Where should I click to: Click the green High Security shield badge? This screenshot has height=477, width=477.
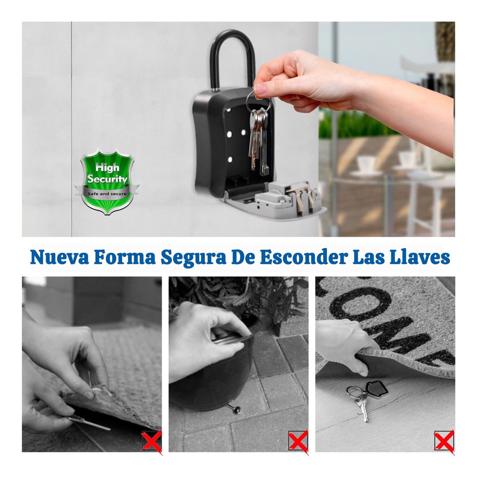click(x=107, y=181)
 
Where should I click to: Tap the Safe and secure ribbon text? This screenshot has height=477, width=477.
click(x=107, y=194)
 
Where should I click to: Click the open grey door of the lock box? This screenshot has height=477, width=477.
click(x=274, y=203)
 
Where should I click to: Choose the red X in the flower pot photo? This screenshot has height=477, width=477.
click(x=298, y=440)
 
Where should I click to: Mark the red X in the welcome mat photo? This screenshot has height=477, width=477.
click(x=444, y=440)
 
